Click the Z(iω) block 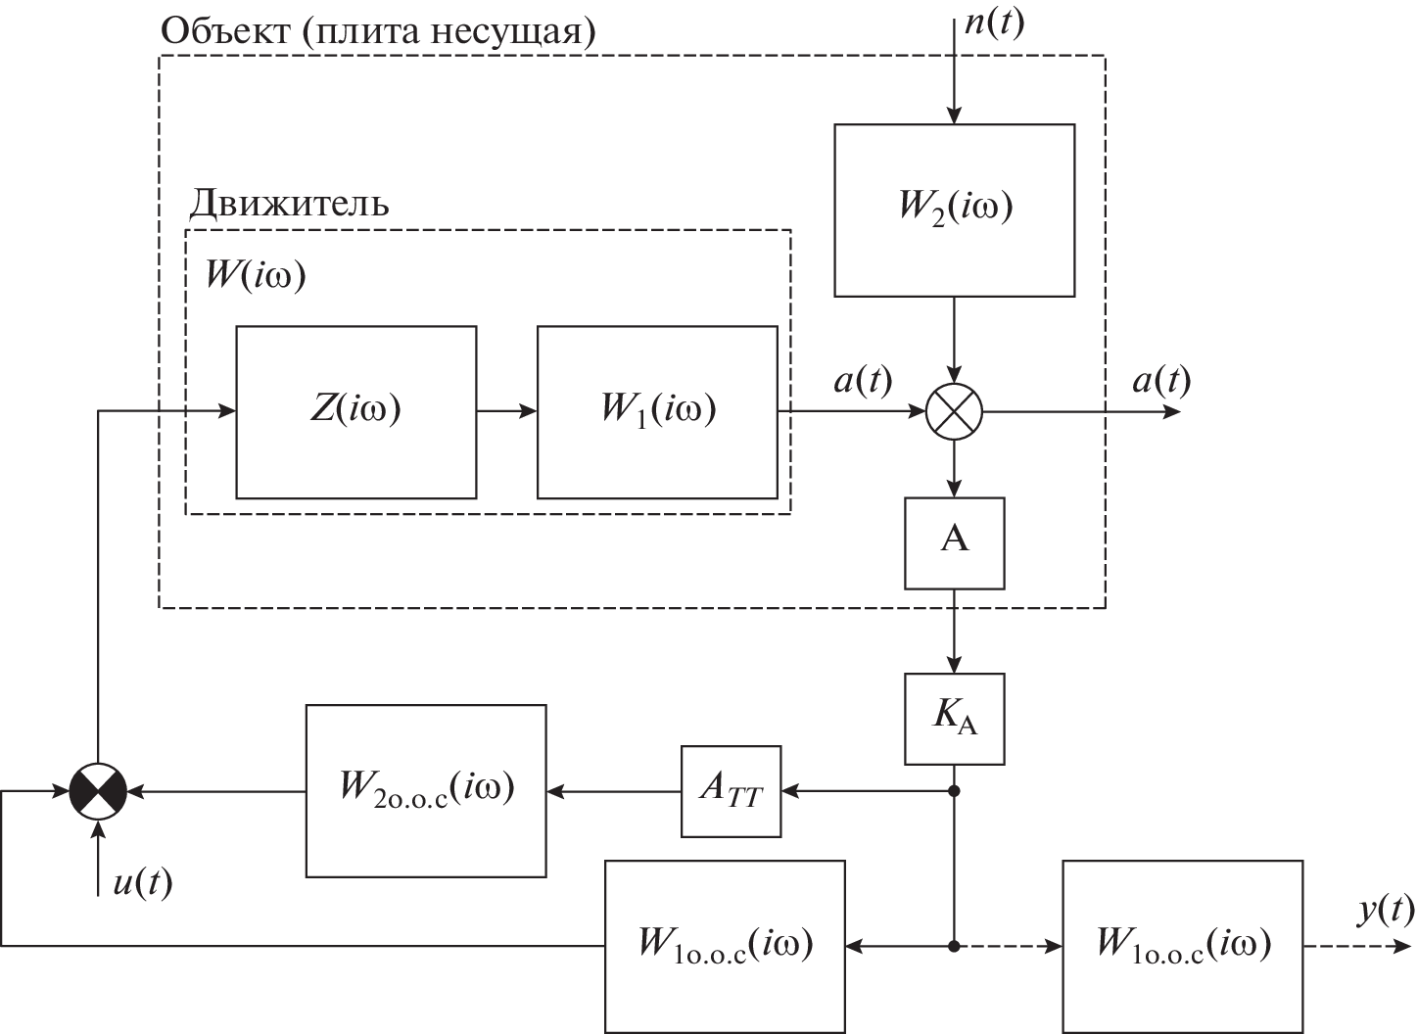pyautogui.click(x=355, y=412)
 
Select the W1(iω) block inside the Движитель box pyautogui.click(x=657, y=412)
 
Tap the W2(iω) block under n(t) pyautogui.click(x=954, y=210)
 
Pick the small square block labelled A pyautogui.click(x=954, y=543)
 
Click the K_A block pyautogui.click(x=954, y=719)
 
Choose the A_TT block pyautogui.click(x=731, y=791)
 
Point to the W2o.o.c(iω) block pyautogui.click(x=426, y=790)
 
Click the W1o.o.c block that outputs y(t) pyautogui.click(x=1182, y=946)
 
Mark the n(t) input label pyautogui.click(x=994, y=22)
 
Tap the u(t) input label pyautogui.click(x=142, y=883)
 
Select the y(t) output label pyautogui.click(x=1386, y=912)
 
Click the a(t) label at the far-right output pyautogui.click(x=1161, y=380)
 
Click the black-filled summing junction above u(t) pyautogui.click(x=99, y=790)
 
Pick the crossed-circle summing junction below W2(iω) pyautogui.click(x=954, y=412)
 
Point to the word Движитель pyautogui.click(x=289, y=203)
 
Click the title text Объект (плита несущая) pyautogui.click(x=377, y=30)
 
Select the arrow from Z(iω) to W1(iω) pyautogui.click(x=506, y=412)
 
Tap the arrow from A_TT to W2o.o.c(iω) pyautogui.click(x=613, y=790)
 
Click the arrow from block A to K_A pyautogui.click(x=954, y=632)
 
